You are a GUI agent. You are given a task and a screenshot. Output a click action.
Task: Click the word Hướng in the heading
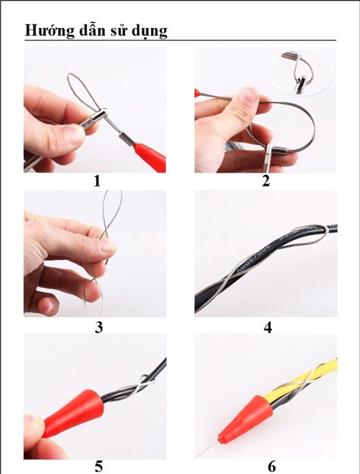tap(47, 30)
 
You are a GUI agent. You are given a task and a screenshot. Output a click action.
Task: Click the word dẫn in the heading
tap(89, 30)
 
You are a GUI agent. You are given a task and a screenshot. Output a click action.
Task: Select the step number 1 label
tap(97, 181)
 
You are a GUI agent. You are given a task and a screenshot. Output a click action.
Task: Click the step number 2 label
tap(265, 181)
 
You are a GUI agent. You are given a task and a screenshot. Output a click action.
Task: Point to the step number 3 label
tap(99, 327)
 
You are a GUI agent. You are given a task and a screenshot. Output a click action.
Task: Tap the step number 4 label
tap(268, 327)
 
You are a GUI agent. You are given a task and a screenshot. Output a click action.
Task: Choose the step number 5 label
tap(99, 466)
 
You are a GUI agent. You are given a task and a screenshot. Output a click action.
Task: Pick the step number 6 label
tap(271, 466)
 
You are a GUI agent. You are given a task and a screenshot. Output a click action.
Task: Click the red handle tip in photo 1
tap(150, 156)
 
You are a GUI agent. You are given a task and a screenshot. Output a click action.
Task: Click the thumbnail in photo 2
tap(247, 97)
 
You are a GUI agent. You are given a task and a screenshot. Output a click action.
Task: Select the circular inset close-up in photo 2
tap(301, 72)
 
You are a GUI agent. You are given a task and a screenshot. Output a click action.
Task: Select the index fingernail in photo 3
tap(107, 245)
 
